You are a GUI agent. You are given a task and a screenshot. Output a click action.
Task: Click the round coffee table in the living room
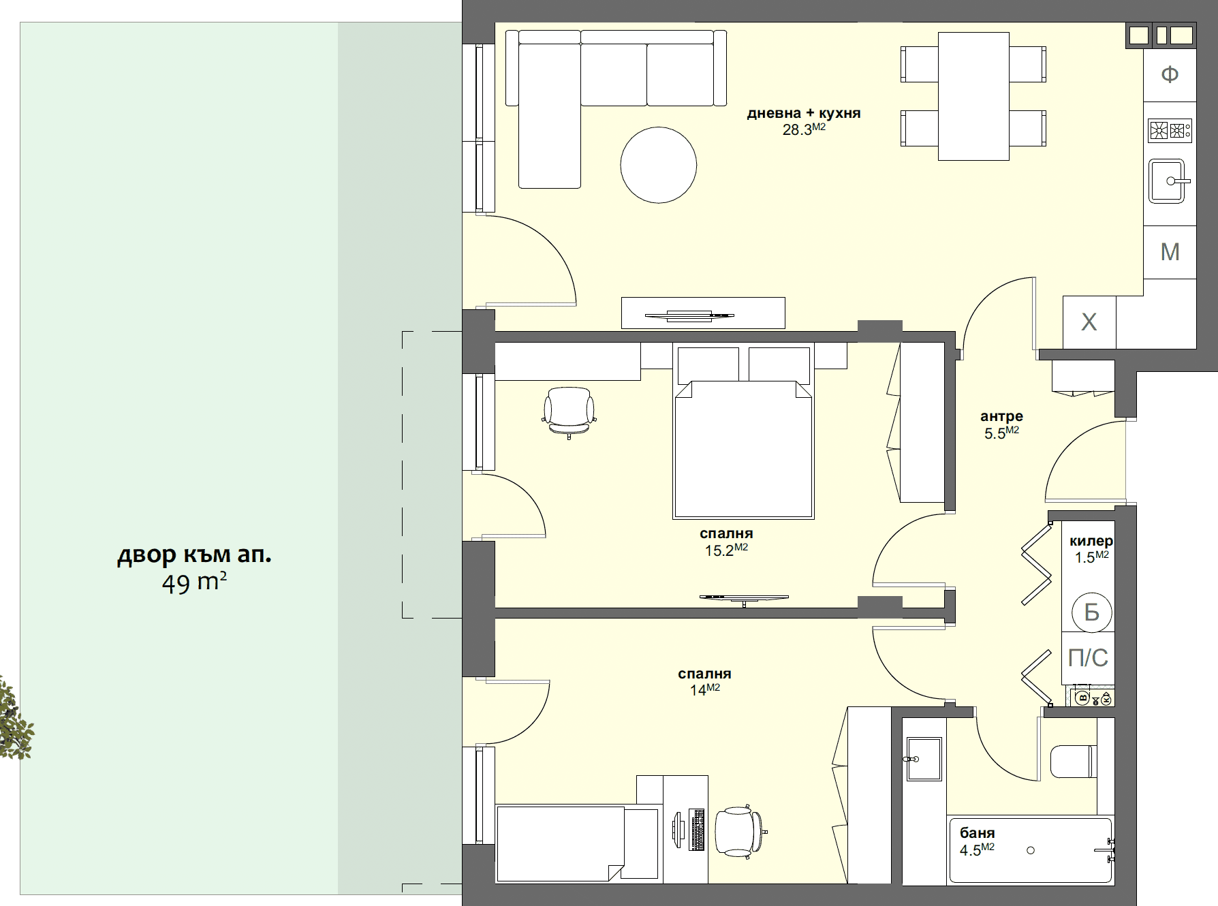point(658,165)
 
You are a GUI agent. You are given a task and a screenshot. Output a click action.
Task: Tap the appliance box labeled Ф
point(1170,74)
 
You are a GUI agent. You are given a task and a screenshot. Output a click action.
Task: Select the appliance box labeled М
point(1170,252)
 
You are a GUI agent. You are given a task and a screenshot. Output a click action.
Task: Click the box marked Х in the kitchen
point(1089,322)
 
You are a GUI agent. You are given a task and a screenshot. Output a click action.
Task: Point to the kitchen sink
point(1168,181)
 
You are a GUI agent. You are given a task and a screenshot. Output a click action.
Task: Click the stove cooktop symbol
point(1170,129)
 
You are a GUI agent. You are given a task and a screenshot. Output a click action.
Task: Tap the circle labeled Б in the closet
point(1092,612)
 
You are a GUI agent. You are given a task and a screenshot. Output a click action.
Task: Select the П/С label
point(1088,658)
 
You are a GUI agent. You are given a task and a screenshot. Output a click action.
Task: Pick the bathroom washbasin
point(923,759)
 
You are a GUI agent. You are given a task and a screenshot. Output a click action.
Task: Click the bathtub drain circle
point(1031,850)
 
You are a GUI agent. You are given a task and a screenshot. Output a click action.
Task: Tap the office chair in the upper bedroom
point(569,412)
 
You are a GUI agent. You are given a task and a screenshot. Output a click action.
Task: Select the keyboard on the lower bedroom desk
point(697,830)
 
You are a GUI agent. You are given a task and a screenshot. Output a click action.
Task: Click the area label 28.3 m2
point(804,129)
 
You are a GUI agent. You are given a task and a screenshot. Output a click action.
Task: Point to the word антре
point(1001,416)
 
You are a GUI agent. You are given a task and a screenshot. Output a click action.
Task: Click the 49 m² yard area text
point(194,583)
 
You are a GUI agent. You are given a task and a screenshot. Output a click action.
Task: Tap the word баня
point(978,833)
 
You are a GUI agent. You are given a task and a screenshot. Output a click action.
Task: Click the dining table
point(973,96)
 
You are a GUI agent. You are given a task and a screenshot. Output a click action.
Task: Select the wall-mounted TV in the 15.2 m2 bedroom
point(744,598)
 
